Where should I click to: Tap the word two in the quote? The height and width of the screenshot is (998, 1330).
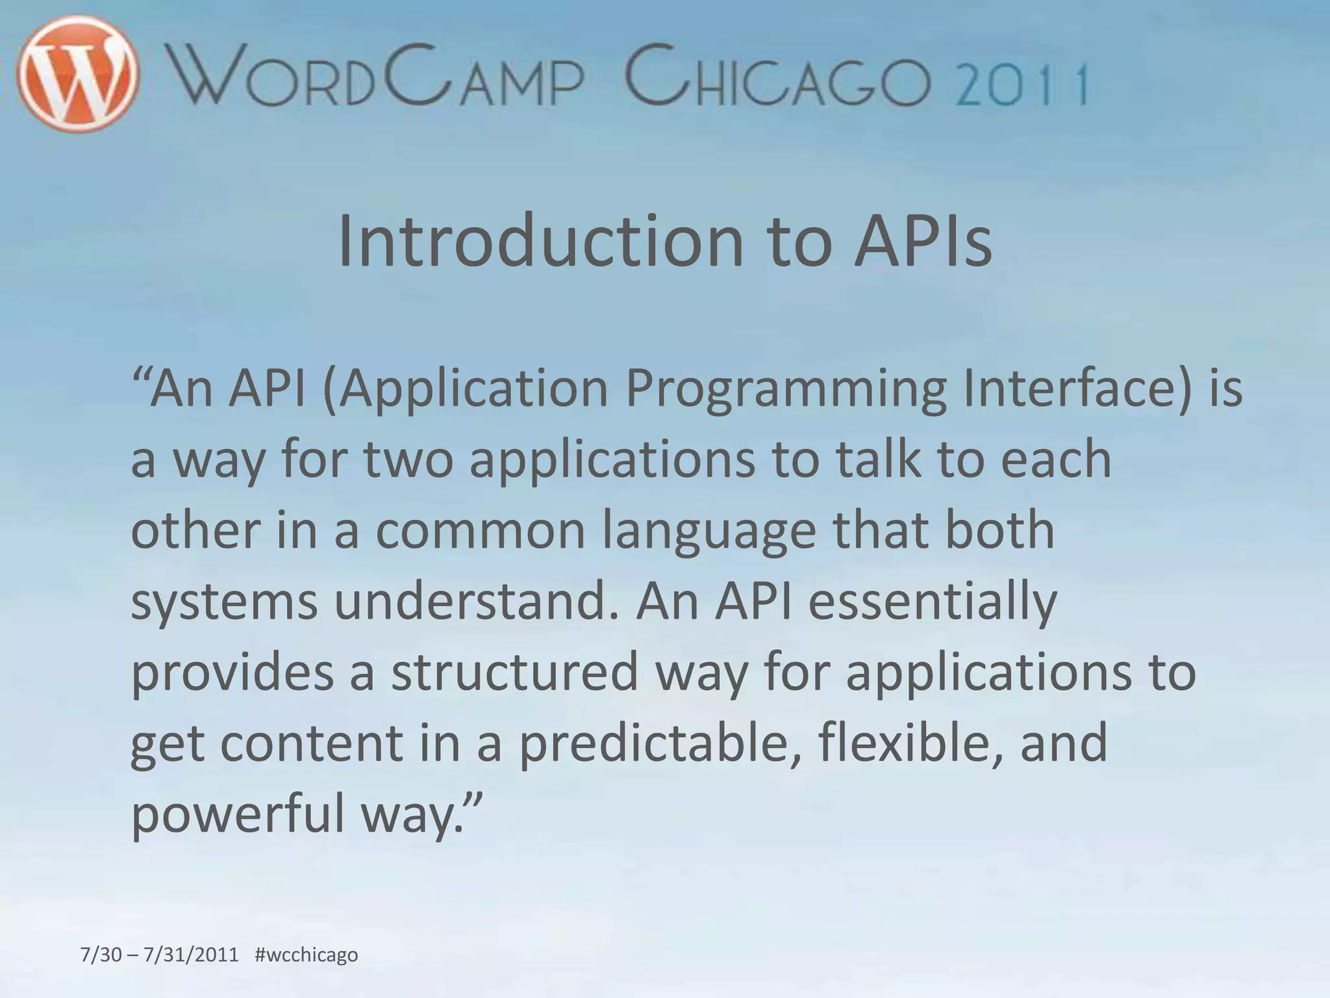click(x=408, y=459)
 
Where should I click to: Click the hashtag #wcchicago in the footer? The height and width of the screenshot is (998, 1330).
click(x=307, y=955)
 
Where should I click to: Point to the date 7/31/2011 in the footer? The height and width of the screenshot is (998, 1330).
click(x=191, y=955)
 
